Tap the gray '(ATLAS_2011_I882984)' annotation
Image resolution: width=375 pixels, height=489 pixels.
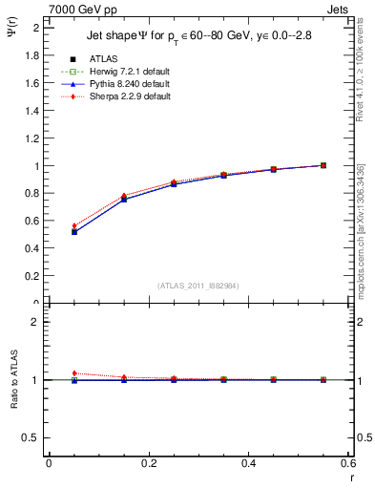coord(198,286)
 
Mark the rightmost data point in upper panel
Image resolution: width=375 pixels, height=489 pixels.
coord(323,165)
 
